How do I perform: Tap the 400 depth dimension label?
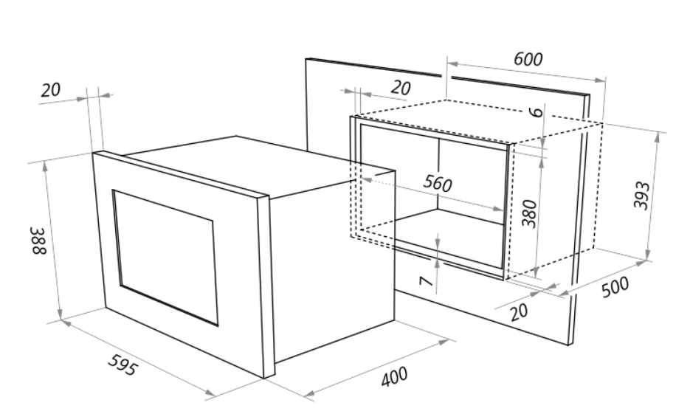tap(394, 378)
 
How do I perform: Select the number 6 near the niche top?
tap(537, 112)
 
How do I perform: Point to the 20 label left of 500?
tap(520, 311)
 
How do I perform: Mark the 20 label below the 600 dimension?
tap(400, 88)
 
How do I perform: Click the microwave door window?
tap(165, 255)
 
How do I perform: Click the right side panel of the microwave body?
tap(332, 266)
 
